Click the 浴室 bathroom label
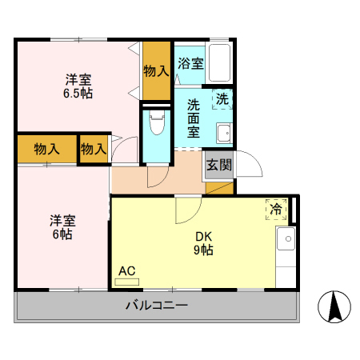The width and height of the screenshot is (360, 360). click(x=190, y=64)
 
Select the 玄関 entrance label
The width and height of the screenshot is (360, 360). click(x=218, y=166)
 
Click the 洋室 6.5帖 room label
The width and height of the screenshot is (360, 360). click(x=78, y=86)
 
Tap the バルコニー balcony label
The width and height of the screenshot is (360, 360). click(x=156, y=306)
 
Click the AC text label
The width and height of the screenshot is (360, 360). click(x=126, y=270)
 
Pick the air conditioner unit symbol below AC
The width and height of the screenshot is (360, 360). click(x=126, y=282)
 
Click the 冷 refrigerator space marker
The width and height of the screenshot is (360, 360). click(x=277, y=210)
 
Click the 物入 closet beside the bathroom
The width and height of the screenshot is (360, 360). click(x=156, y=70)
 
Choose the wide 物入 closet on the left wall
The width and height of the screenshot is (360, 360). click(x=47, y=149)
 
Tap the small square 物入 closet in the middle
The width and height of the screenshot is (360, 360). click(x=94, y=149)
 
